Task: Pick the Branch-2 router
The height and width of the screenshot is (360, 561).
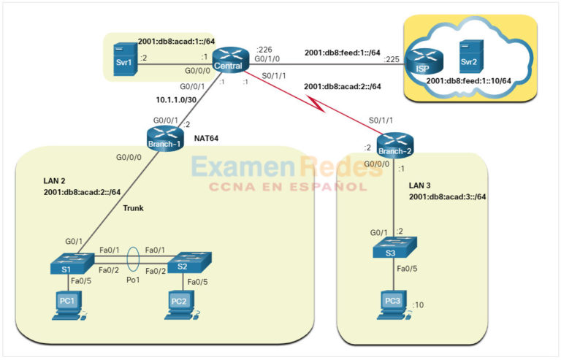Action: point(394,144)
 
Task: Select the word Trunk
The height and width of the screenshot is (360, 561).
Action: point(133,208)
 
